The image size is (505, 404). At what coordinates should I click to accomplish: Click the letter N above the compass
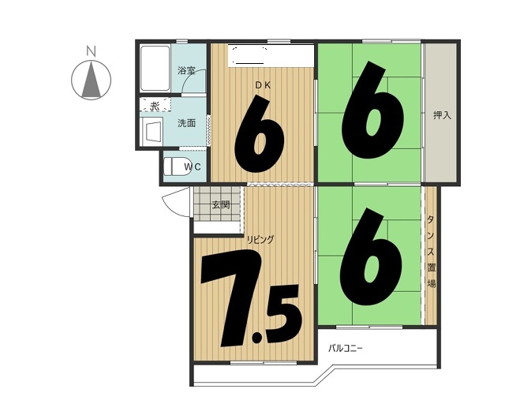(92, 51)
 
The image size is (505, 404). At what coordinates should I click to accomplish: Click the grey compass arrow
(92, 80)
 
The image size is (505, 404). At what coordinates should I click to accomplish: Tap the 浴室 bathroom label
(187, 71)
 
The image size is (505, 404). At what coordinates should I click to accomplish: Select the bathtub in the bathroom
(155, 69)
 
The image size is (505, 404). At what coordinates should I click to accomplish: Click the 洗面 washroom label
(187, 123)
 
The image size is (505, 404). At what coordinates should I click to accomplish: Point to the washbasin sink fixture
(152, 131)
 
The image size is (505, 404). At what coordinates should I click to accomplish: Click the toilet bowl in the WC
(176, 166)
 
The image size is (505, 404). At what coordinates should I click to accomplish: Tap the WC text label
(193, 166)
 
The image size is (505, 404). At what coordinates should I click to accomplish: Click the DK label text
(263, 85)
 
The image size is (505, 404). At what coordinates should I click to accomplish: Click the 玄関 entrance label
(221, 204)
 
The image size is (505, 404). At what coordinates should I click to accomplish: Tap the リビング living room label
(260, 239)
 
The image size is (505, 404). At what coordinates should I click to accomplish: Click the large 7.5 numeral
(251, 299)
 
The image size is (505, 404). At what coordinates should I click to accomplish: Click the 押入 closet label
(442, 115)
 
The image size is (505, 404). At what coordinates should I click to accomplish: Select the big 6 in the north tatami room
(372, 110)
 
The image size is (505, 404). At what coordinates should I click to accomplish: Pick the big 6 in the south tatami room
(371, 256)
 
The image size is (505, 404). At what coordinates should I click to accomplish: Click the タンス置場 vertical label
(431, 252)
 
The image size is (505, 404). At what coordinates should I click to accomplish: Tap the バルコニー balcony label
(346, 348)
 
